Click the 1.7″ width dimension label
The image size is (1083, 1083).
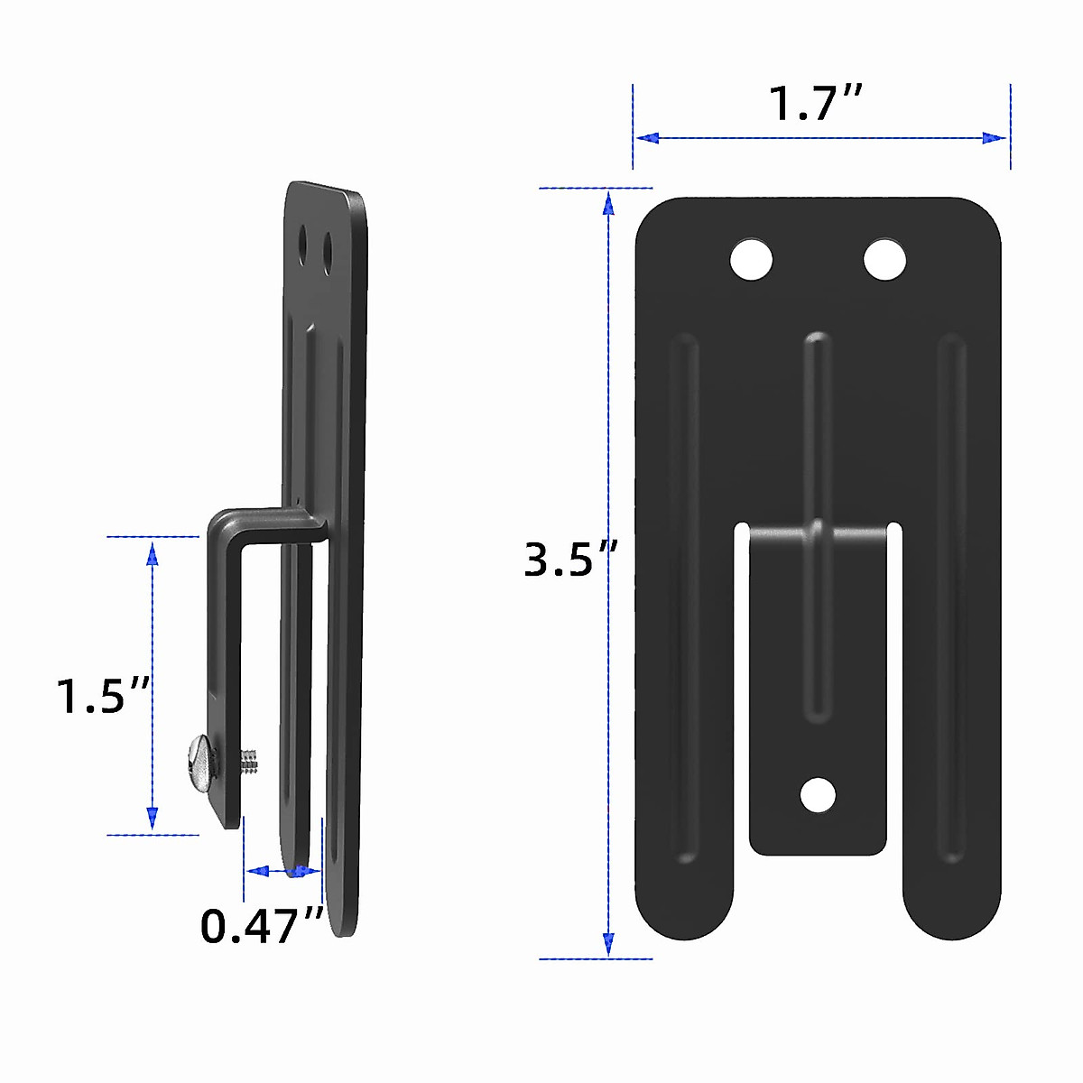(x=816, y=103)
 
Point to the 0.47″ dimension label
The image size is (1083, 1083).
(x=262, y=926)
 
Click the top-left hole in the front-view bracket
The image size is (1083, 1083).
(x=751, y=260)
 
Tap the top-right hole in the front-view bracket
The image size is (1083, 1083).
(x=884, y=260)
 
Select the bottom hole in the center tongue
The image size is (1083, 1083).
(x=818, y=795)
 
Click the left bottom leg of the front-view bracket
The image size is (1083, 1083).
(x=684, y=902)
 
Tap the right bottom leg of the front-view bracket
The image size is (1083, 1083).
(x=952, y=902)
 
